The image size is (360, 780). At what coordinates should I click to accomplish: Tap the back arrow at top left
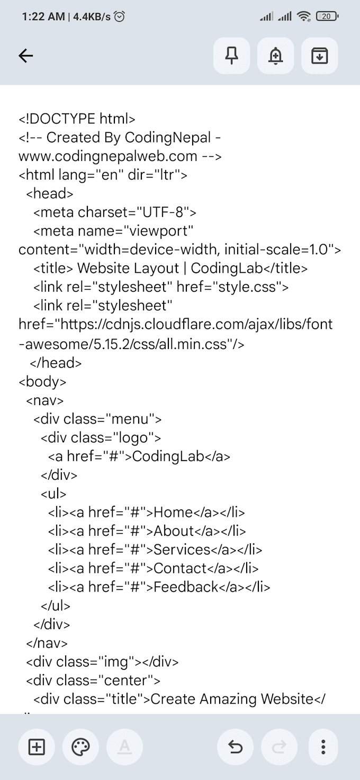[x=26, y=56]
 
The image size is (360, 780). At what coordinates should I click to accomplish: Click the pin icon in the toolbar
[x=231, y=56]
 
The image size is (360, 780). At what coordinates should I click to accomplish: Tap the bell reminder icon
[x=275, y=56]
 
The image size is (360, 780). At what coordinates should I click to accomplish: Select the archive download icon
[x=320, y=56]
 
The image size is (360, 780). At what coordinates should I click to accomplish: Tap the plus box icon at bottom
[x=37, y=747]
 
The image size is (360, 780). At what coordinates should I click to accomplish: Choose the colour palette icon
[x=80, y=747]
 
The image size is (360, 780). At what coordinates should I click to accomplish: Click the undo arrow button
[x=236, y=747]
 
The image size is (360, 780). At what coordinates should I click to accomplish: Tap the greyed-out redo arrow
[x=279, y=747]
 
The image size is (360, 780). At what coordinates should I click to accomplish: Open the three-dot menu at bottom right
[x=323, y=747]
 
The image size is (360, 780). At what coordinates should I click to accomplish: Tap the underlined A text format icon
[x=124, y=747]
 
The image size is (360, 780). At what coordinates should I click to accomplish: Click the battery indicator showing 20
[x=327, y=16]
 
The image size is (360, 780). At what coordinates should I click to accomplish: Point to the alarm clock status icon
[x=120, y=16]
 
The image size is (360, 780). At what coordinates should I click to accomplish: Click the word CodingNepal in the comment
[x=168, y=138]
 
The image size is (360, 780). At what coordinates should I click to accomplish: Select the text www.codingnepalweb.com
[x=108, y=156]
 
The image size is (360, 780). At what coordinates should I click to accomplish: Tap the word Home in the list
[x=173, y=512]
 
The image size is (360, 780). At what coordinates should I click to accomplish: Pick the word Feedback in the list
[x=186, y=587]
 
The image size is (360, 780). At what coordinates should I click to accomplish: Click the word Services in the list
[x=182, y=550]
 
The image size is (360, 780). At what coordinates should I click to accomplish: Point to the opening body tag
[x=42, y=382]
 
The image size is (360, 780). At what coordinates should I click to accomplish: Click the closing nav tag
[x=47, y=643]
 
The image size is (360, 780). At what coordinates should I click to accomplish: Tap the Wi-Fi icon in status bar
[x=304, y=16]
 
